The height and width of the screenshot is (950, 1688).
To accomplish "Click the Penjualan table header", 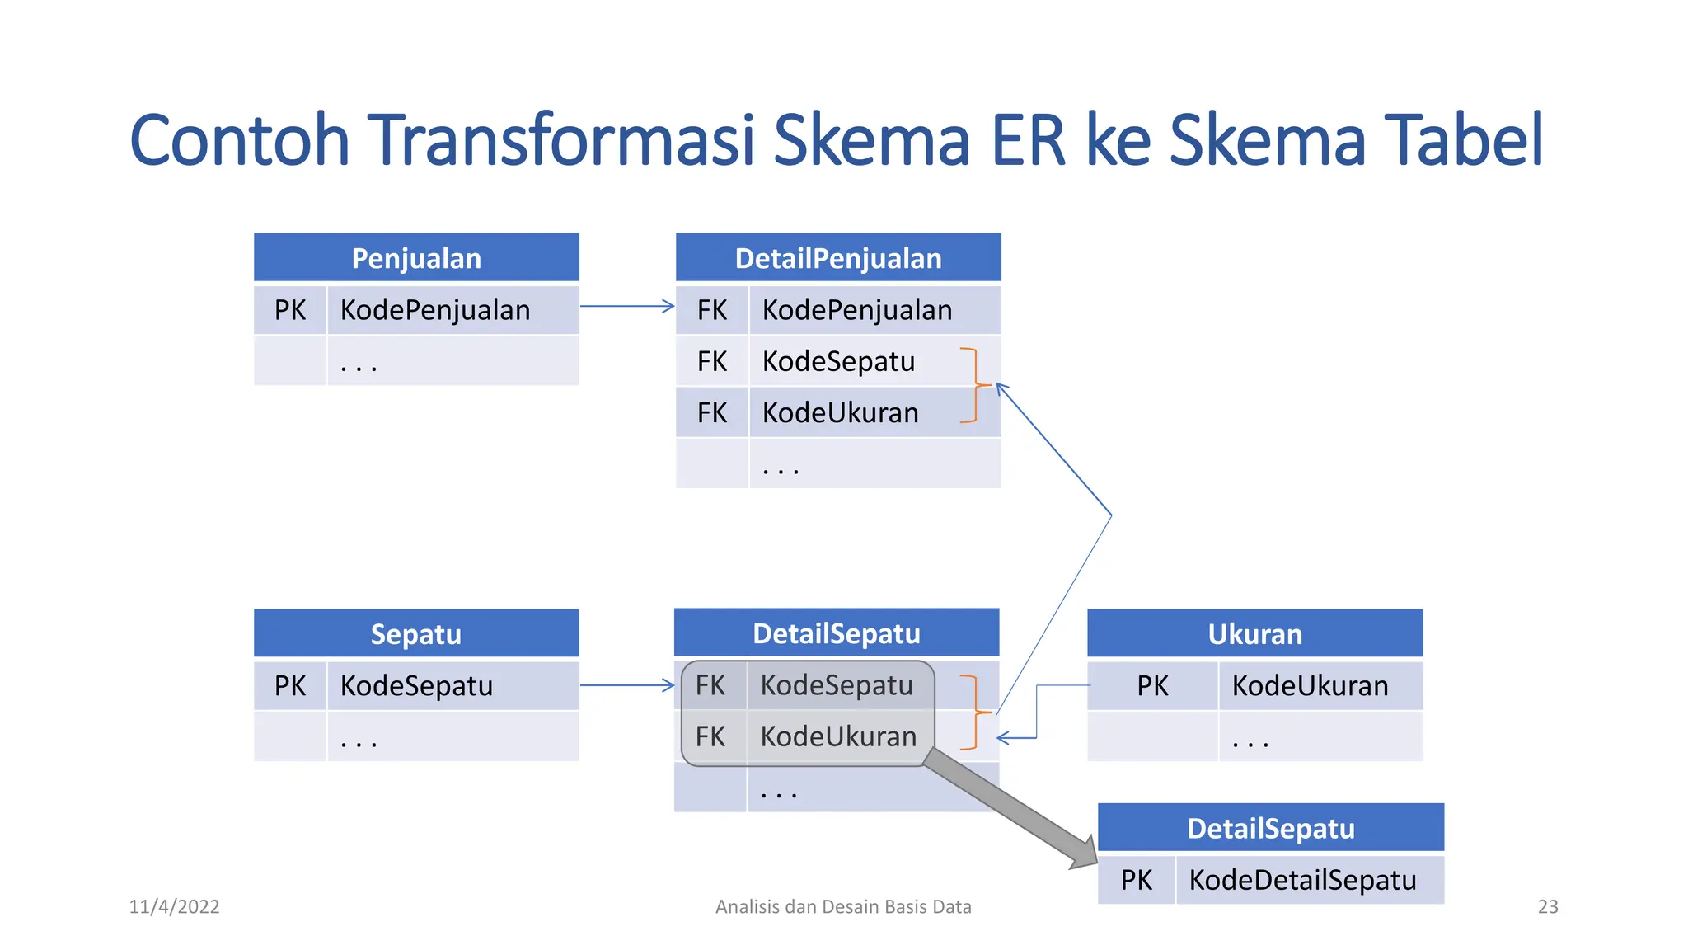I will tap(416, 258).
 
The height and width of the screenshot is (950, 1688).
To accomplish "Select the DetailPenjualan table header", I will tap(838, 258).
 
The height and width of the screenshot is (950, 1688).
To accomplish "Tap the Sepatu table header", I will tap(416, 633).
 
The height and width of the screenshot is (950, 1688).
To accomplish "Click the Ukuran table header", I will tap(1254, 633).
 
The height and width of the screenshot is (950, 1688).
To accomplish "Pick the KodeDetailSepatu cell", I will tap(1302, 880).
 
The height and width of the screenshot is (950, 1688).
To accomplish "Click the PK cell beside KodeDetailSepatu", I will tap(1136, 880).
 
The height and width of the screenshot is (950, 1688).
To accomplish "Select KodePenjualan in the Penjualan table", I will tap(435, 310).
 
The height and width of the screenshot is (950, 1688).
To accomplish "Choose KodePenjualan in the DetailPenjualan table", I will tap(857, 310).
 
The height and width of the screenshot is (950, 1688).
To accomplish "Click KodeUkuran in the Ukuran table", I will tap(1310, 685).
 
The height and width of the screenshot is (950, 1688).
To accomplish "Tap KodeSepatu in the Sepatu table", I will tap(416, 685).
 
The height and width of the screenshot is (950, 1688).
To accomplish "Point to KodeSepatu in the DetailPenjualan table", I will tap(838, 361).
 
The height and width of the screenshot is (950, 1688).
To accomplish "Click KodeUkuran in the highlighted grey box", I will tap(838, 736).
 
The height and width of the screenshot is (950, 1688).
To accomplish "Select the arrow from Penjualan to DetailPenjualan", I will tap(627, 306).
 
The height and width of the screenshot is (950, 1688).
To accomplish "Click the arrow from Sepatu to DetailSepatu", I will tap(627, 684).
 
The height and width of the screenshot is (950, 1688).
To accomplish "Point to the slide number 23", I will tap(1548, 906).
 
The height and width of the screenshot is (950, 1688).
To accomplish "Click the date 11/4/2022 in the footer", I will tap(174, 906).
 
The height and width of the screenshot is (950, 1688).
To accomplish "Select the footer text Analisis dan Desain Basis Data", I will tap(843, 906).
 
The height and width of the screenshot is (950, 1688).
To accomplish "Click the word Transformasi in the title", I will tap(560, 140).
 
